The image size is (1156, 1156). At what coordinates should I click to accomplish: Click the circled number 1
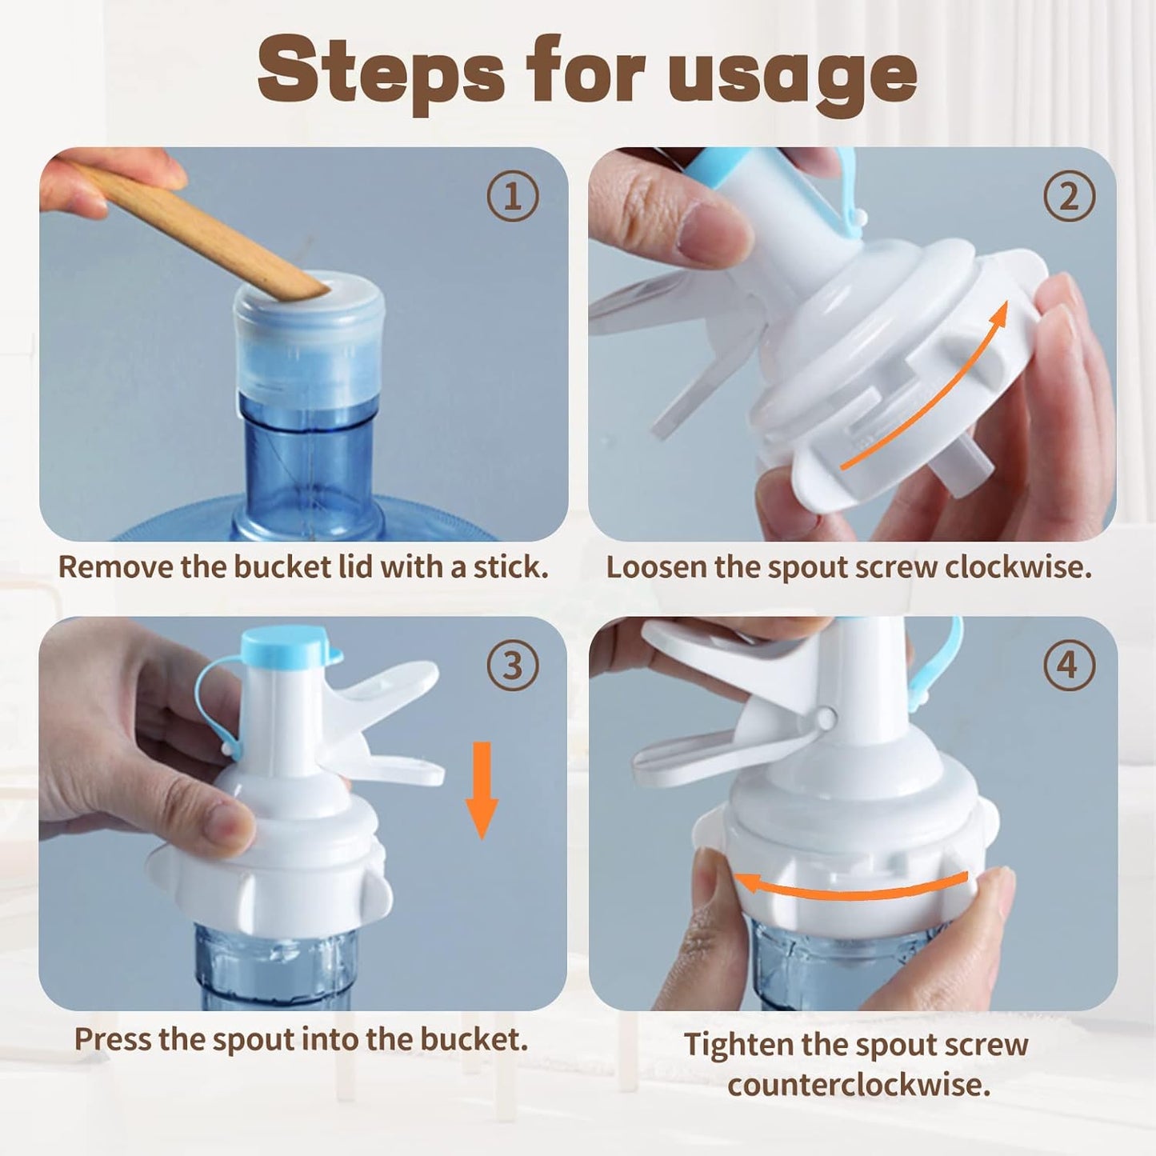point(512,197)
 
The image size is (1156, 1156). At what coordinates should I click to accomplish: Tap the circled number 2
point(1069,197)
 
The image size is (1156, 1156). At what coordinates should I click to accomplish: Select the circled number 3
point(512,666)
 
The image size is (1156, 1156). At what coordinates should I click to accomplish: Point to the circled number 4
point(1069,666)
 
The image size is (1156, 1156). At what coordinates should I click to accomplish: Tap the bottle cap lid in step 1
point(309,336)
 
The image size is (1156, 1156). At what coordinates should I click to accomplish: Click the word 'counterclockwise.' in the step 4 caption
point(858,1086)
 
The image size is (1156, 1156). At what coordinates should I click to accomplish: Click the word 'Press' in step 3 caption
point(113,1039)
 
